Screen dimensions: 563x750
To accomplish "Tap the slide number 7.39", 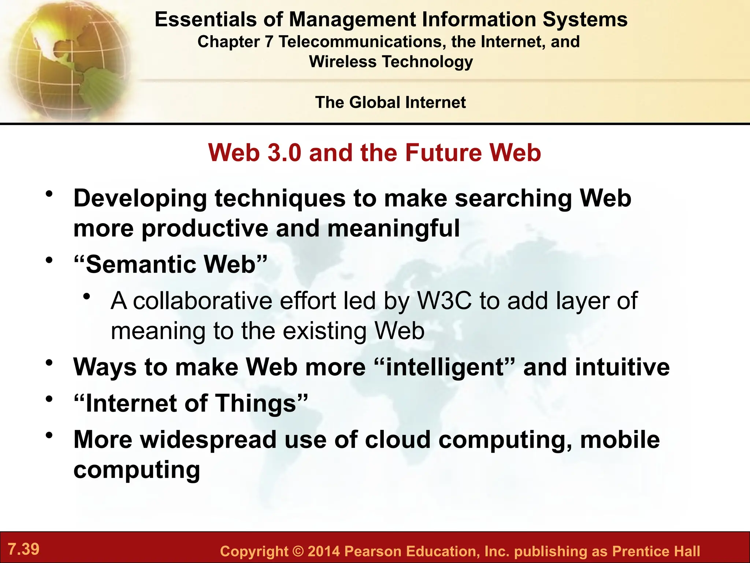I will [23, 549].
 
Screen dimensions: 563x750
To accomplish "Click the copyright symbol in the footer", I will [298, 551].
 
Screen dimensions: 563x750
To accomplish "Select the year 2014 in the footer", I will [324, 551].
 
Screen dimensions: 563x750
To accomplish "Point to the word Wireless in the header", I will [342, 62].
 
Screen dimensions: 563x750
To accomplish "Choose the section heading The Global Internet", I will [390, 102].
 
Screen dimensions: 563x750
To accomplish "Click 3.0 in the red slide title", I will [285, 152].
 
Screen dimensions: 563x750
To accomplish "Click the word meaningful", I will [393, 228].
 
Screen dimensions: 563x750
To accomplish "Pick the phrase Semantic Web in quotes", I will [171, 264].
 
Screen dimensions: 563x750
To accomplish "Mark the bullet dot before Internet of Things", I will [49, 399].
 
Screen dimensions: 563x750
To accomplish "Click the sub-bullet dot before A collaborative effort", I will [86, 297].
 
